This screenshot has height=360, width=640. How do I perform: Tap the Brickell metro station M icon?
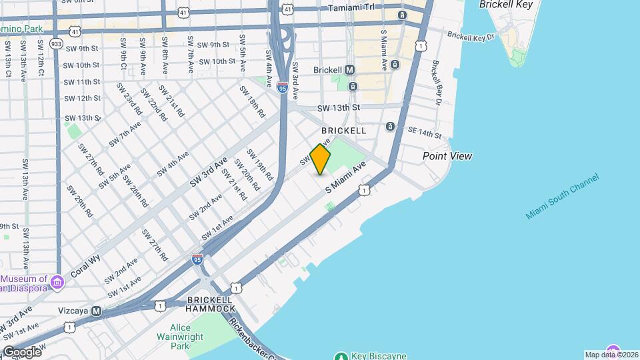(349, 70)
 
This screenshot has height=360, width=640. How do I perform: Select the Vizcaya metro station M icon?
(97, 311)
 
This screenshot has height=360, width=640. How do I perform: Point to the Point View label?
(447, 156)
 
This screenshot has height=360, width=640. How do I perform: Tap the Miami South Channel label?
(562, 197)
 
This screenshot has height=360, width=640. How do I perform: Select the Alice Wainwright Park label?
(179, 337)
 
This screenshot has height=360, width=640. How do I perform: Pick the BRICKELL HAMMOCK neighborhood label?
(211, 305)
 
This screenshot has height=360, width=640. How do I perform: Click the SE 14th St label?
(425, 132)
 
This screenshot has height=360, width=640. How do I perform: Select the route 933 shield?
(56, 43)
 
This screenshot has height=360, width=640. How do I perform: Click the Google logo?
(22, 351)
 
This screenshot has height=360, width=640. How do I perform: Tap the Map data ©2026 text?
(611, 355)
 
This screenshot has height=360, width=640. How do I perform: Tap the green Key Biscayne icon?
(341, 356)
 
